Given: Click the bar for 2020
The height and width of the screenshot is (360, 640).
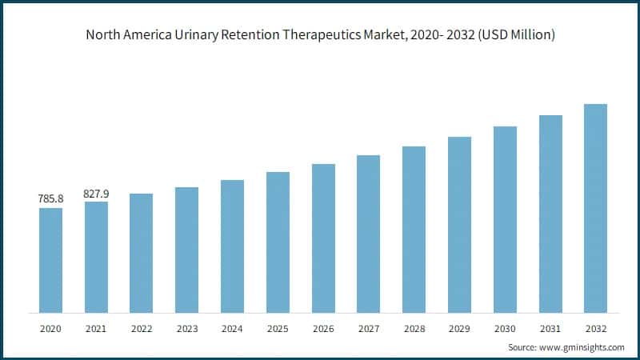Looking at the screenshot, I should [50, 260].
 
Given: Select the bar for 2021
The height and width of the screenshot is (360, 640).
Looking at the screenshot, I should [96, 257].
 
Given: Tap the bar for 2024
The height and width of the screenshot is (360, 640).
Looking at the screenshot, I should [232, 246].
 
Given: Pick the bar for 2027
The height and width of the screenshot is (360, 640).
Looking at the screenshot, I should [368, 234].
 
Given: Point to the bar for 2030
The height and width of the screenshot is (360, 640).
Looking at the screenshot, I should [505, 219].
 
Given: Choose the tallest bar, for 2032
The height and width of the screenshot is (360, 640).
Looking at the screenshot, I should [595, 208].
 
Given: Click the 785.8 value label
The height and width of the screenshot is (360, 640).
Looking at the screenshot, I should [50, 198].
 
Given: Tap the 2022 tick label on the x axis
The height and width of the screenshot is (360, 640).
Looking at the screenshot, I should [142, 329].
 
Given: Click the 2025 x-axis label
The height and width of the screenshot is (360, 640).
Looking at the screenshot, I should [278, 329].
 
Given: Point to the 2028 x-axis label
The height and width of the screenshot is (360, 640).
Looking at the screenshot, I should [414, 329].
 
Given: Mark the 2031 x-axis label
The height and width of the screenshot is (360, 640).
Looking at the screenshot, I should [550, 329].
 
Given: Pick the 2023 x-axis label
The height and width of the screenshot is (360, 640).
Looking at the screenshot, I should [186, 329].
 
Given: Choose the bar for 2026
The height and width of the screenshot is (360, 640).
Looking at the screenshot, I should [323, 238].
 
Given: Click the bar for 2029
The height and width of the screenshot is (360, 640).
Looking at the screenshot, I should [459, 224].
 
